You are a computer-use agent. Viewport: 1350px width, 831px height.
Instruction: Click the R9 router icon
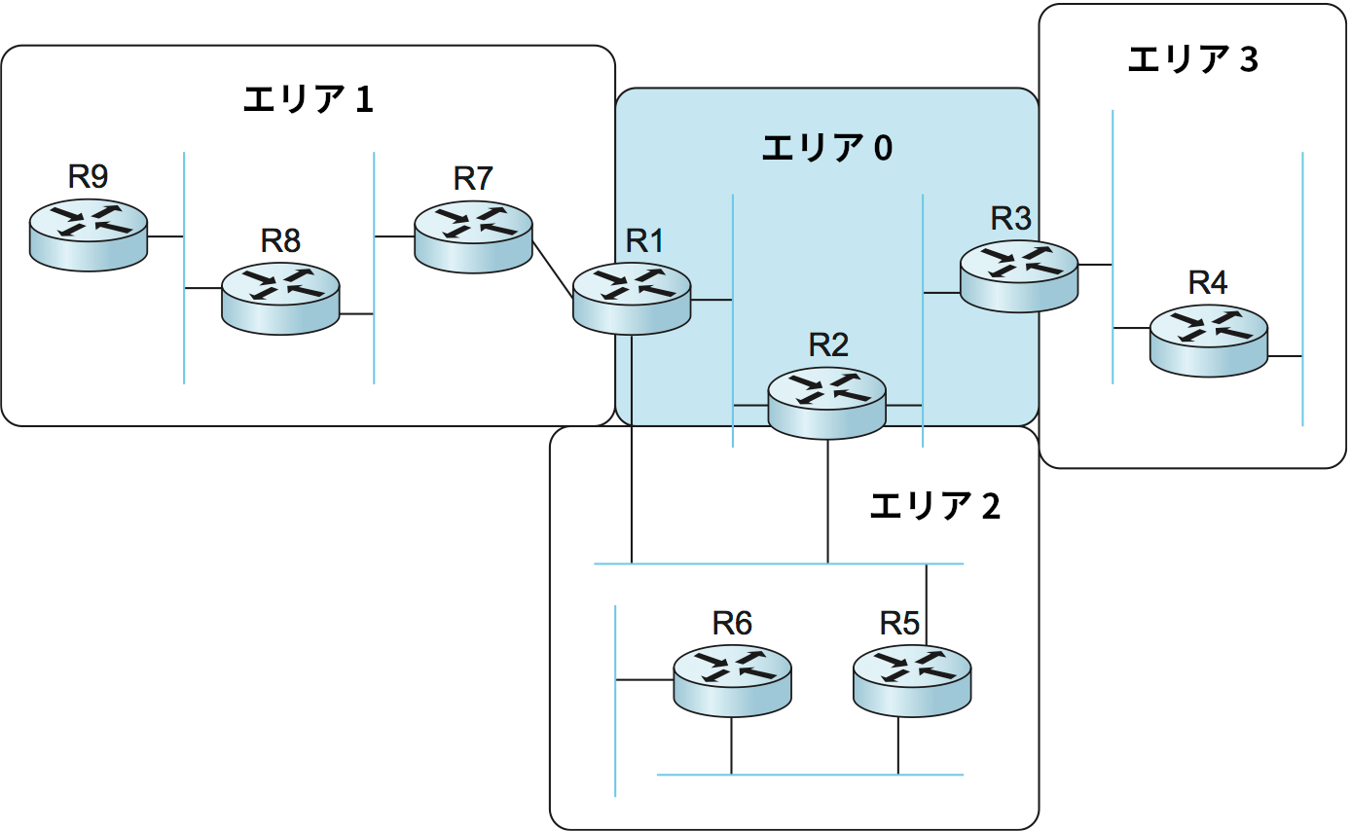click(x=88, y=235)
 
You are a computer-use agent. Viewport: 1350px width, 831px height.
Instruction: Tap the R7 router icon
click(x=473, y=237)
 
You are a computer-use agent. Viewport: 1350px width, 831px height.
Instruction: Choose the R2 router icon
click(x=827, y=401)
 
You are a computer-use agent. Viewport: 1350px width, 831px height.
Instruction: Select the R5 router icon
click(x=912, y=678)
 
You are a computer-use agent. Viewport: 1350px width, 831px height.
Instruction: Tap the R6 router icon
click(x=732, y=679)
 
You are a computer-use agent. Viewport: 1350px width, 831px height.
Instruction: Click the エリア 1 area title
click(x=308, y=99)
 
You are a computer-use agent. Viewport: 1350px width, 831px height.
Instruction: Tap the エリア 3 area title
click(x=1192, y=59)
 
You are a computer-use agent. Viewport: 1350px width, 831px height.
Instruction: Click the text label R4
click(x=1208, y=282)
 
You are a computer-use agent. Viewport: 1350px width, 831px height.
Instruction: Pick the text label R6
click(x=732, y=623)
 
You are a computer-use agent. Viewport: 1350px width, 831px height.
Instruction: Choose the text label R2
click(x=828, y=343)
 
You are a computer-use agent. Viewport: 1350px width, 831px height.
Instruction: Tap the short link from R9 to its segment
click(x=165, y=236)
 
